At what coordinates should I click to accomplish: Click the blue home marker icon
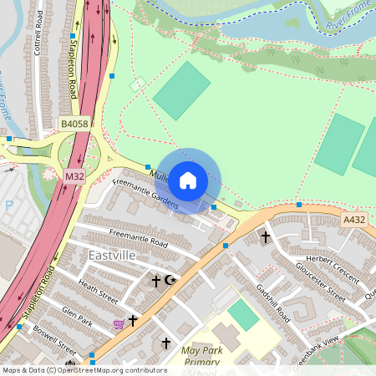(188, 180)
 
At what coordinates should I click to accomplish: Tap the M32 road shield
(74, 176)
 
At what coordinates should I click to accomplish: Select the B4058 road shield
(74, 124)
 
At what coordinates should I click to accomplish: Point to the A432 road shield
(354, 219)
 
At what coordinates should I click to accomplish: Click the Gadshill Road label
(272, 302)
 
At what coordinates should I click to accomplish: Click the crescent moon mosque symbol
(171, 281)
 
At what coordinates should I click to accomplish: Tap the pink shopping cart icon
(119, 323)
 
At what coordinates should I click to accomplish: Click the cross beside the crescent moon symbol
(155, 281)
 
